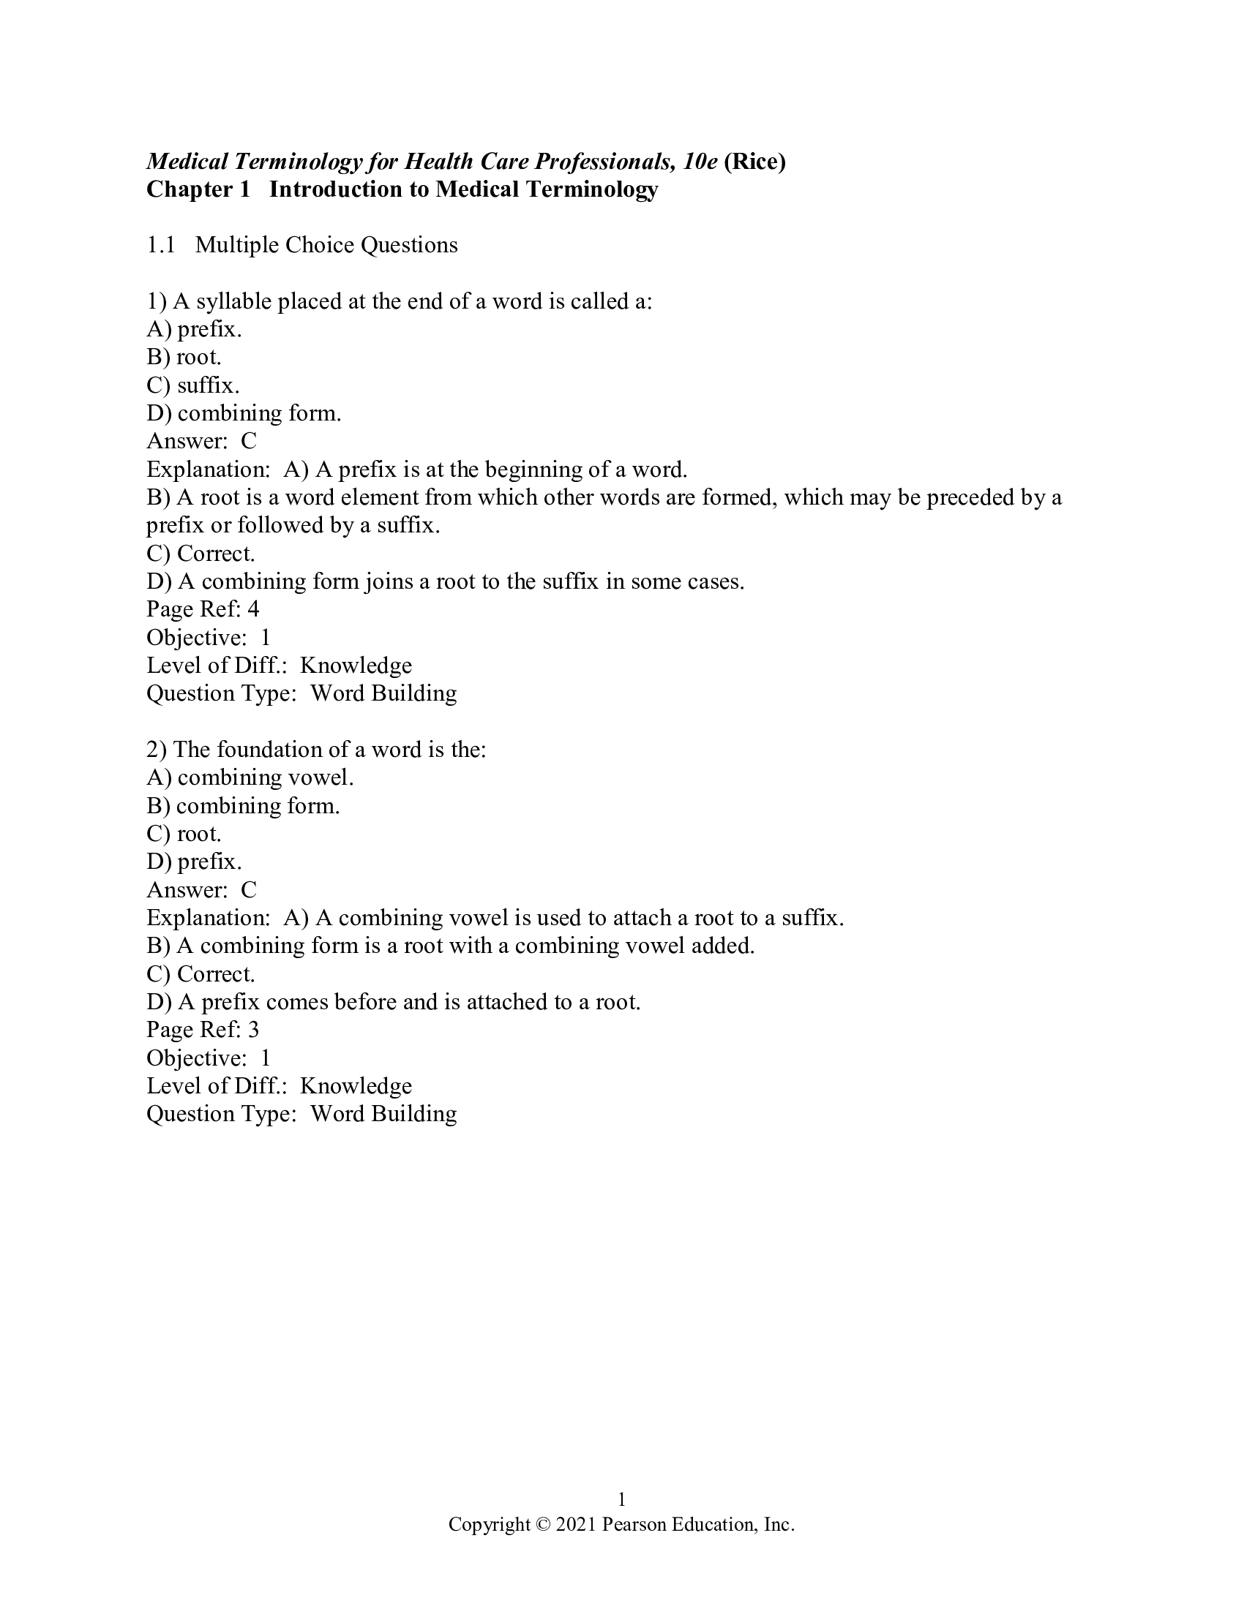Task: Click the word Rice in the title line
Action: pyautogui.click(x=755, y=162)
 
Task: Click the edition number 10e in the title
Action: pyautogui.click(x=700, y=162)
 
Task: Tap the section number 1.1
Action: pyautogui.click(x=161, y=244)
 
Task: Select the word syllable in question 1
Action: pyautogui.click(x=233, y=301)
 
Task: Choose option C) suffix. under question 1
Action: pyautogui.click(x=193, y=385)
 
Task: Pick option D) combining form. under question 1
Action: pyautogui.click(x=244, y=413)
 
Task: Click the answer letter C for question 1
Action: pyautogui.click(x=248, y=441)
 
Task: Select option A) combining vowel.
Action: pyautogui.click(x=250, y=778)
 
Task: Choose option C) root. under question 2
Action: pyautogui.click(x=184, y=834)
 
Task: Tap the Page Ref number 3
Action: pyautogui.click(x=252, y=1030)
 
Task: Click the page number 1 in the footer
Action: pyautogui.click(x=621, y=1499)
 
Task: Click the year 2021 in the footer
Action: pyautogui.click(x=576, y=1524)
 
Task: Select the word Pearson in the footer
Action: pyautogui.click(x=633, y=1524)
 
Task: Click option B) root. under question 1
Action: pyautogui.click(x=184, y=358)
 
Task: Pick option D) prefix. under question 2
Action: pyautogui.click(x=194, y=862)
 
